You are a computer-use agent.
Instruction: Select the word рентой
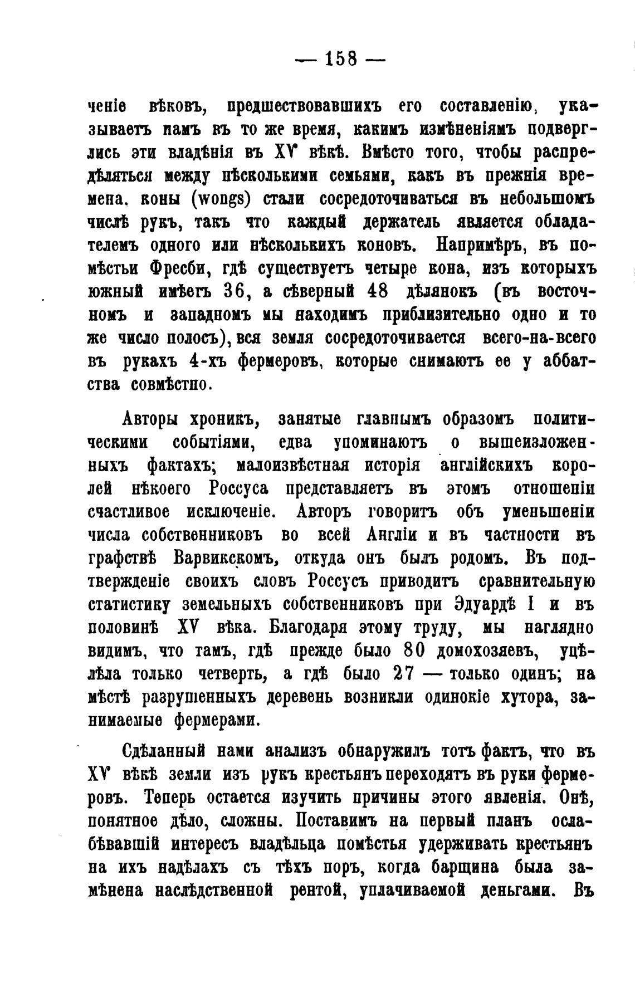point(314,891)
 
